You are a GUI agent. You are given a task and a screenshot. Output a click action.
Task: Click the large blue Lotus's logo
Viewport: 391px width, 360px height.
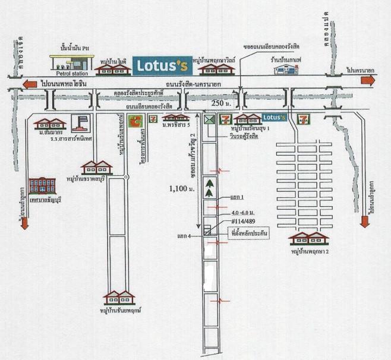point(162,65)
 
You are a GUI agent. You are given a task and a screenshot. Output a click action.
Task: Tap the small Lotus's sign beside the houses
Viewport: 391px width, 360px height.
point(274,118)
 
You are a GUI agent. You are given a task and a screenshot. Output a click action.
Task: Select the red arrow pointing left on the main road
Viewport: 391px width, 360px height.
point(30,84)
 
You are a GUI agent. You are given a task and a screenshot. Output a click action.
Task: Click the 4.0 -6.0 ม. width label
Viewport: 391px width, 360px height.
point(243,213)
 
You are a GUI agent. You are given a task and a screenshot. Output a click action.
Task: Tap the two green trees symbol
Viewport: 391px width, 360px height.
point(209,187)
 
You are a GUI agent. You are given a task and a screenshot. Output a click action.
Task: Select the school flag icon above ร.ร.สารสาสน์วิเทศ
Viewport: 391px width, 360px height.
point(80,123)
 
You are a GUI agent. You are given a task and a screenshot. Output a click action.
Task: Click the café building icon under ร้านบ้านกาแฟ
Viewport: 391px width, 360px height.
point(286,69)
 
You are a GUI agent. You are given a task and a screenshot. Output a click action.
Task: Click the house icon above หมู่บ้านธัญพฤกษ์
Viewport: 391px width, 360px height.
point(119,297)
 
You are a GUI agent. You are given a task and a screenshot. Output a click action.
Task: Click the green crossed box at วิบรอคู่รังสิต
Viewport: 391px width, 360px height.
point(209,119)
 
